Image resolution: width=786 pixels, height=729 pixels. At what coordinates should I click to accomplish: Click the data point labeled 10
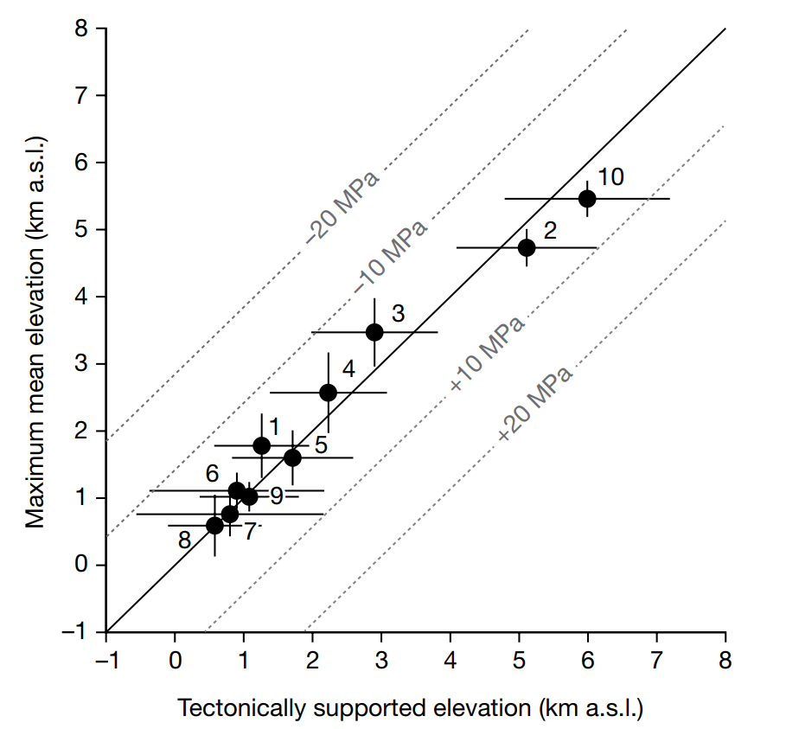coord(587,198)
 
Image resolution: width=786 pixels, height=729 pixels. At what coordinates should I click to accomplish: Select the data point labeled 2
coord(527,247)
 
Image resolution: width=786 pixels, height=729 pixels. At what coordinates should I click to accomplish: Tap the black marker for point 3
coord(374,332)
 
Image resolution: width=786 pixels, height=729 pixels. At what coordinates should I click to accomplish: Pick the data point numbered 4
coord(328,392)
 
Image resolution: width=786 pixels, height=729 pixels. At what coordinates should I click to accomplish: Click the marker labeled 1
coord(262,445)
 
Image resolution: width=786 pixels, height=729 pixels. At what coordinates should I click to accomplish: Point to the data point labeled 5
coord(292,457)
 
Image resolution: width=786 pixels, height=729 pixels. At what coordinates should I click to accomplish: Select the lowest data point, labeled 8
coord(214,525)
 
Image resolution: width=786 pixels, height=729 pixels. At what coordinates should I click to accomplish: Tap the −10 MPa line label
coord(391,254)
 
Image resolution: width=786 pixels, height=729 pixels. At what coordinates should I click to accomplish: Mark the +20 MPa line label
coord(535,403)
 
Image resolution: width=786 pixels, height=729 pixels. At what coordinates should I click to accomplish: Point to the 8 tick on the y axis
coord(81,29)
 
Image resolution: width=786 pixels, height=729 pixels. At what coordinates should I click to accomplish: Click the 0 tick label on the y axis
coord(81,565)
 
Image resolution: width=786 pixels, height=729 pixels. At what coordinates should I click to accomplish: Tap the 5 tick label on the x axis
coord(519,662)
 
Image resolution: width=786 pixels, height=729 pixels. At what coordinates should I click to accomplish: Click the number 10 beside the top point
coord(610,177)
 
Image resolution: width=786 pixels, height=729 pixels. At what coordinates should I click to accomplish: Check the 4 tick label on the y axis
coord(81,297)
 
